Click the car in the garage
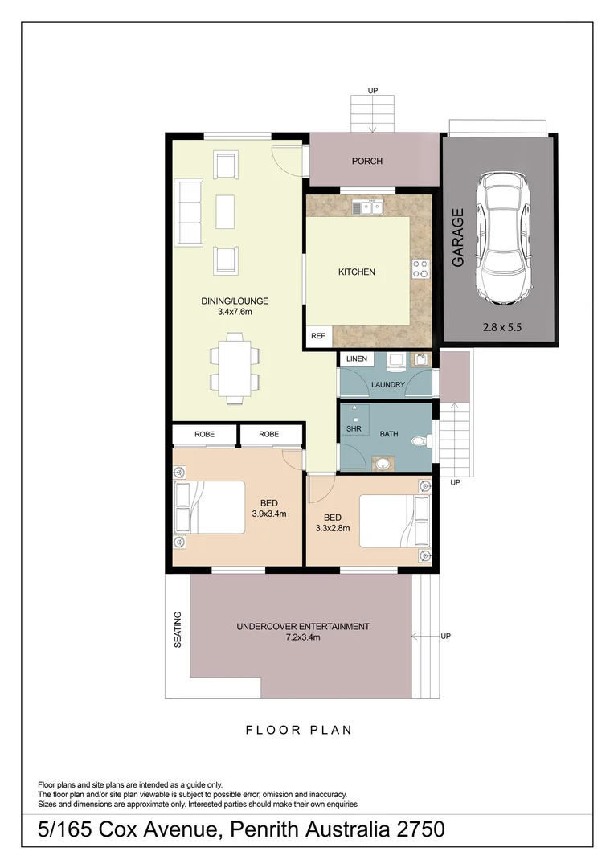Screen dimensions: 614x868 pyautogui.click(x=503, y=237)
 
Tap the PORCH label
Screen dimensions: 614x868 pyautogui.click(x=367, y=161)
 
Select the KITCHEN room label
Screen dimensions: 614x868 pyautogui.click(x=357, y=272)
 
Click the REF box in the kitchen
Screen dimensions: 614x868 pyautogui.click(x=318, y=336)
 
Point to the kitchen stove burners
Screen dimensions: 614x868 pyautogui.click(x=420, y=268)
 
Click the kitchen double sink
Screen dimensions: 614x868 pyautogui.click(x=367, y=207)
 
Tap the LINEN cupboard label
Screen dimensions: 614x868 pyautogui.click(x=357, y=358)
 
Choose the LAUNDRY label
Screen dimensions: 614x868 pyautogui.click(x=388, y=384)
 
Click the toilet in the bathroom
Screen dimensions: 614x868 pyautogui.click(x=421, y=442)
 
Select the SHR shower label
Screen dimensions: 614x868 pyautogui.click(x=354, y=428)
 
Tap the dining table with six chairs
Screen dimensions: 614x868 pyautogui.click(x=235, y=367)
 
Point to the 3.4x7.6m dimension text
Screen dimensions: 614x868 pyautogui.click(x=235, y=312)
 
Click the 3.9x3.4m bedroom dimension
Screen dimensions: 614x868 pyautogui.click(x=269, y=514)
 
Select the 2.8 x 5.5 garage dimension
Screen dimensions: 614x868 pyautogui.click(x=501, y=327)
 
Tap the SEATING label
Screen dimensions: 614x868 pyautogui.click(x=178, y=629)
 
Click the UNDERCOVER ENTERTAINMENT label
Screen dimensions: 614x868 pyautogui.click(x=303, y=627)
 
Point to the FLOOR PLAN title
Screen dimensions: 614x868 pyautogui.click(x=299, y=730)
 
